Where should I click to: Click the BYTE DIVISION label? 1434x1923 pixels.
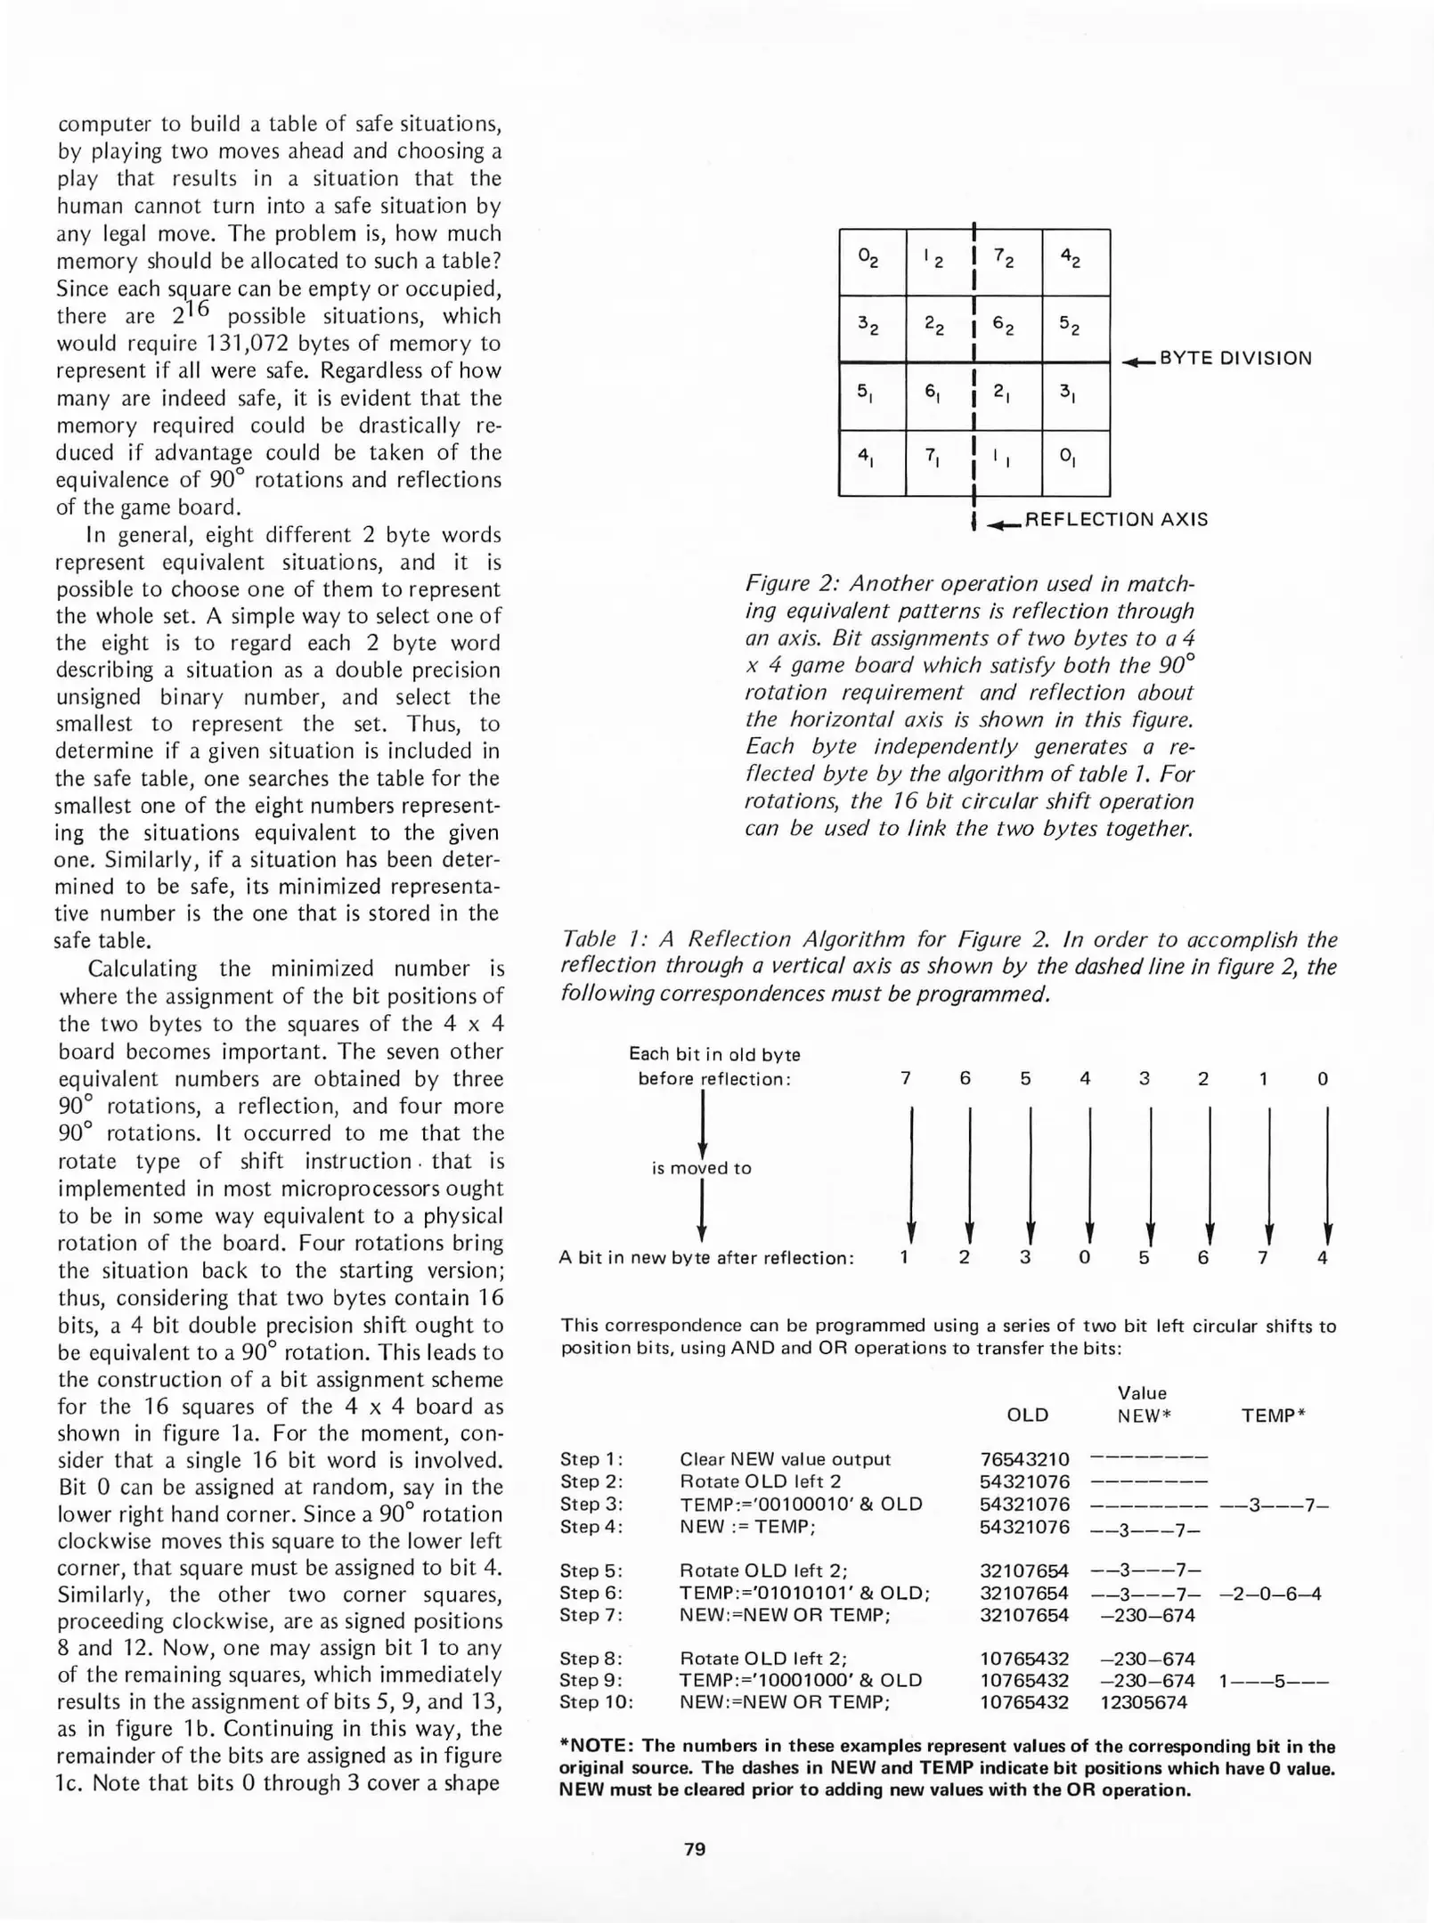click(1234, 359)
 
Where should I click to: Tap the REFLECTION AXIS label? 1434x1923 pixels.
click(1116, 519)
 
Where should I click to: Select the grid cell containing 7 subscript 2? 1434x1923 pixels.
click(1007, 262)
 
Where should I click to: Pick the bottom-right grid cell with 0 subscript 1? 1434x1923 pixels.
click(1075, 463)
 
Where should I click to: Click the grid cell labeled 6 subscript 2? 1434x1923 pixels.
click(1007, 329)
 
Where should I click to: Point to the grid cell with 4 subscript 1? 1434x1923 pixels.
click(871, 463)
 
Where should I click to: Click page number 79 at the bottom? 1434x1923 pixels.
click(695, 1848)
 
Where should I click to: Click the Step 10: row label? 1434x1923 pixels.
click(596, 1702)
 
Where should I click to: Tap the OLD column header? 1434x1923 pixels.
click(1027, 1415)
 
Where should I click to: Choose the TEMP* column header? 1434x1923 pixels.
click(1273, 1415)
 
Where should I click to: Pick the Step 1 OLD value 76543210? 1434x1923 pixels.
click(1024, 1459)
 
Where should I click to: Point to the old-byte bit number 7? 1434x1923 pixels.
click(906, 1079)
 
